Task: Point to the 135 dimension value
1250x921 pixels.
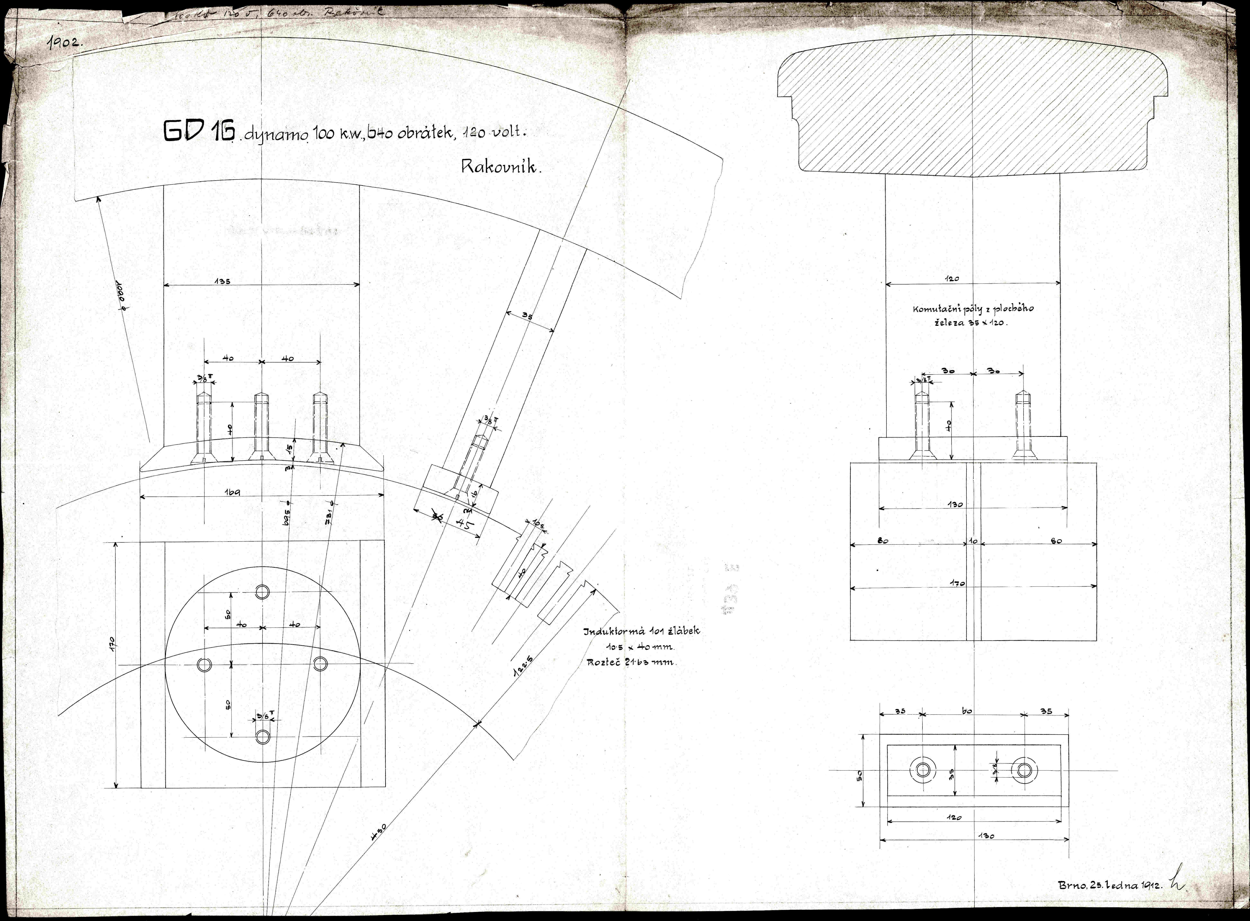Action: tap(222, 282)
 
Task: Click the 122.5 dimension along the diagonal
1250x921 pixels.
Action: tap(522, 666)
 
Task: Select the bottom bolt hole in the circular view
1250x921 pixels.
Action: tap(262, 737)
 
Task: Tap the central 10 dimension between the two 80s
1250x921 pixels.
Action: tap(973, 541)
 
